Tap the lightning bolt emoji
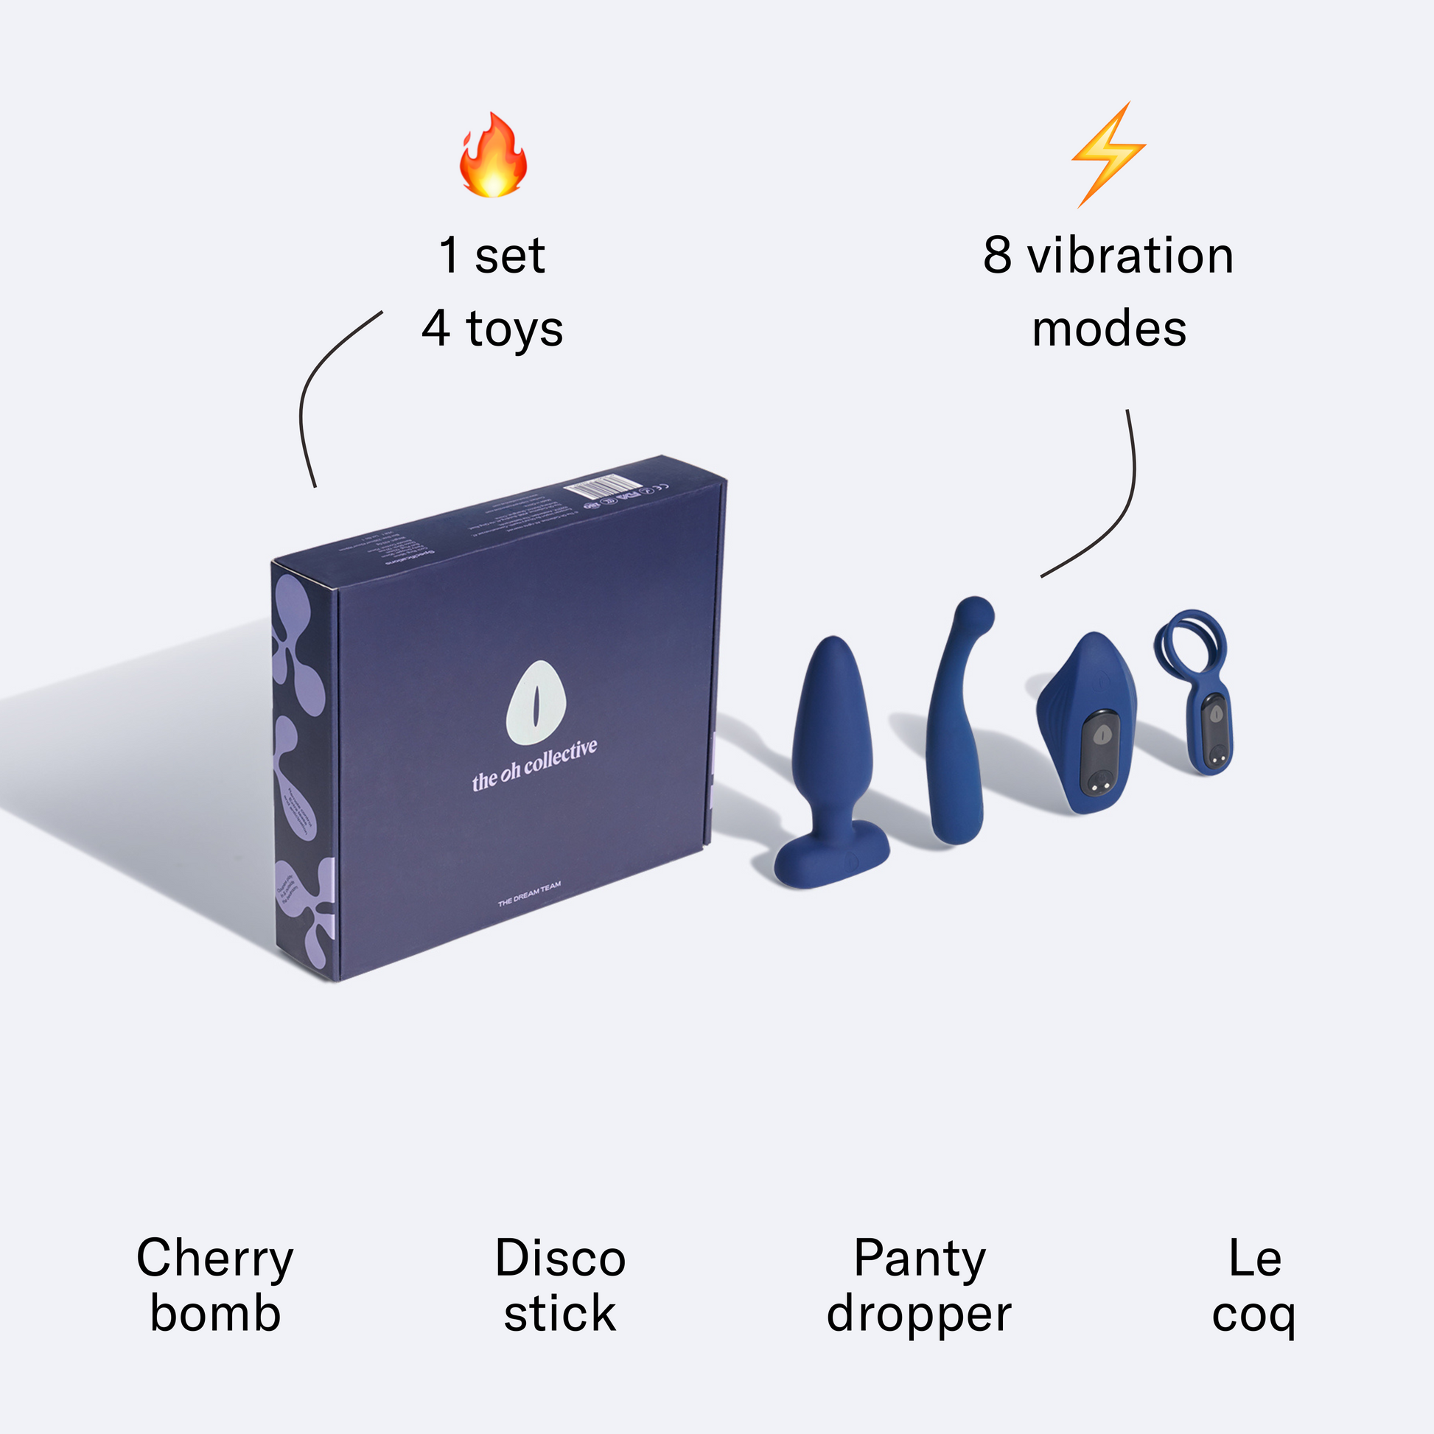pyautogui.click(x=1108, y=155)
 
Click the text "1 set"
pyautogui.click(x=492, y=255)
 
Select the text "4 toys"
pyautogui.click(x=492, y=329)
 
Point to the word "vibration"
pyautogui.click(x=1130, y=255)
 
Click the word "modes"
pyautogui.click(x=1109, y=329)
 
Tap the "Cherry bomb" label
pyautogui.click(x=215, y=1286)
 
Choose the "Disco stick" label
pyautogui.click(x=560, y=1286)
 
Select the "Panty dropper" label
pyautogui.click(x=919, y=1286)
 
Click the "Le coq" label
pyautogui.click(x=1254, y=1286)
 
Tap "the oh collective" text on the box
pyautogui.click(x=534, y=765)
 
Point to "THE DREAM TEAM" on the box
pyautogui.click(x=529, y=895)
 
